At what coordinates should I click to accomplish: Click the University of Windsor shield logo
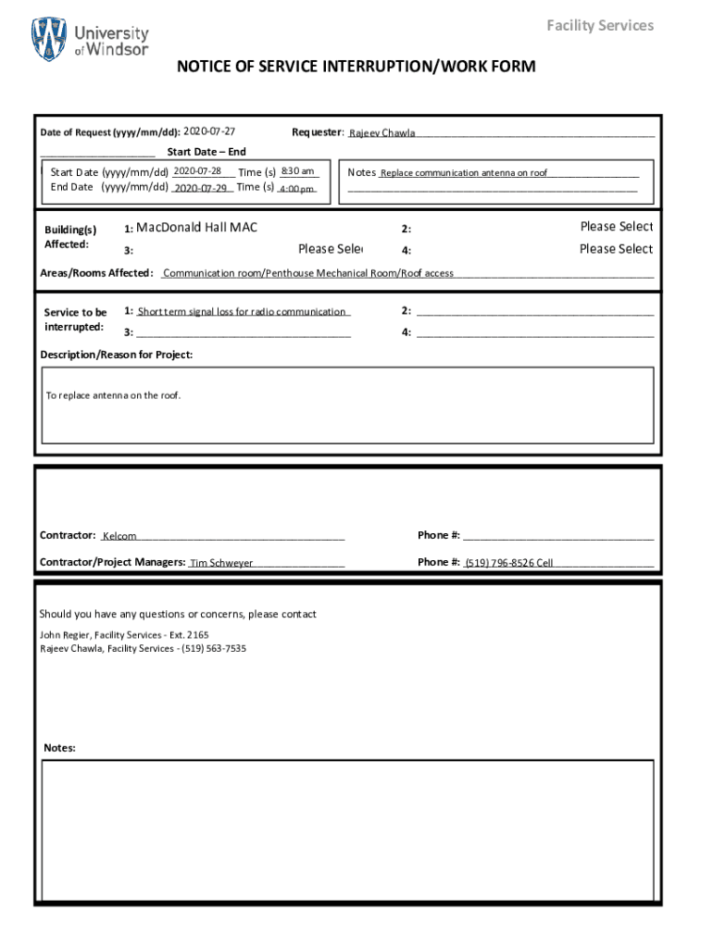49,40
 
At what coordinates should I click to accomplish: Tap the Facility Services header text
599,25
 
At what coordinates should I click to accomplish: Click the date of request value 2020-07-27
209,131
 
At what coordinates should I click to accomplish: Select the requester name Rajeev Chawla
382,133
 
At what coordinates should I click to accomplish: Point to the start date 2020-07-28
197,171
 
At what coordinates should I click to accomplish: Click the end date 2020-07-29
200,188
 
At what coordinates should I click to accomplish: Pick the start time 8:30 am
298,171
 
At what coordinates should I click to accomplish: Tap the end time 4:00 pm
296,189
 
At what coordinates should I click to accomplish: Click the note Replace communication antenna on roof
463,173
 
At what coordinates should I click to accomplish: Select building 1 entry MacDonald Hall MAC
196,227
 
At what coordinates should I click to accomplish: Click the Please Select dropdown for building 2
616,227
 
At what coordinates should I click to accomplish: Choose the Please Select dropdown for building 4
616,249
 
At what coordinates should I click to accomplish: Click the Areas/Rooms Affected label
96,273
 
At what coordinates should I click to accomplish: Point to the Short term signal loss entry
242,312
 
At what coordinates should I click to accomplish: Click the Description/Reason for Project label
117,355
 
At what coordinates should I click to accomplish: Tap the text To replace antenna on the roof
114,396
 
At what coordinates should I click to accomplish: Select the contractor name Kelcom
119,536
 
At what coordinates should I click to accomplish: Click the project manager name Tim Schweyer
221,563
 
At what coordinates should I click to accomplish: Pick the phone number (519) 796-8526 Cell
508,563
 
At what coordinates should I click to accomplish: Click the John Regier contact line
124,635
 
